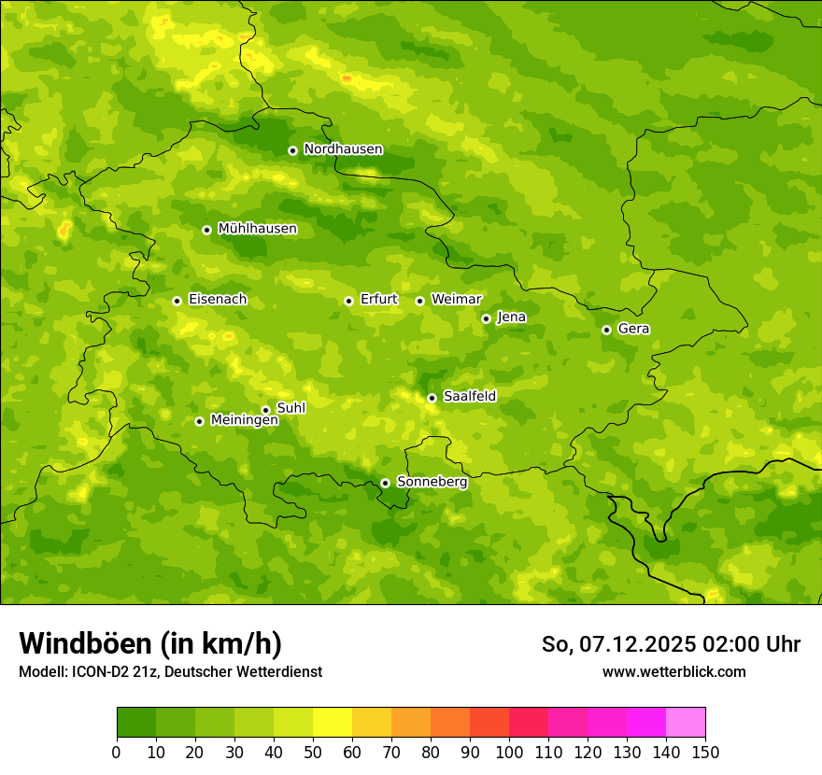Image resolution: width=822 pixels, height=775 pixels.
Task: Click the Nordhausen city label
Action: pos(343,149)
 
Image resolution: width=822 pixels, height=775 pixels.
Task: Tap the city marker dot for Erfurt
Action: pos(348,301)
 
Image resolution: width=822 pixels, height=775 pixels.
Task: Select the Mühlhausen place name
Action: pos(257,229)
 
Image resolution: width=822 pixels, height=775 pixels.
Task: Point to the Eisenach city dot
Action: pos(177,301)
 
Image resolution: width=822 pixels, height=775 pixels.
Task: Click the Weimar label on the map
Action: pos(456,300)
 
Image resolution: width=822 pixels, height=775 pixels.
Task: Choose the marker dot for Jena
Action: pos(486,318)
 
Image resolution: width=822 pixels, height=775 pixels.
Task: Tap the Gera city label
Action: pos(633,329)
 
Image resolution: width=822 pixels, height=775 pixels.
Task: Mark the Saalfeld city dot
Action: pos(432,398)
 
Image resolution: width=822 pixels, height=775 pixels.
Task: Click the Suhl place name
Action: pos(291,408)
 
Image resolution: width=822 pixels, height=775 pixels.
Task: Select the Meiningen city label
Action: pos(244,420)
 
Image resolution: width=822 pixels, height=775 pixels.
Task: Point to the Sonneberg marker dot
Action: pos(385,483)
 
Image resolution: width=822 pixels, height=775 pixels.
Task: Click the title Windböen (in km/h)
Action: pos(150,643)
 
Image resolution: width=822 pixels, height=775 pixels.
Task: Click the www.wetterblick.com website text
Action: pos(673,671)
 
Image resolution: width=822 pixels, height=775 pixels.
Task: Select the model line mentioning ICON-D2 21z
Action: pos(170,671)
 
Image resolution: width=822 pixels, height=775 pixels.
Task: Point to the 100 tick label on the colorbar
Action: pos(509,752)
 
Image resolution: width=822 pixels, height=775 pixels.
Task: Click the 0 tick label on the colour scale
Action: pos(117,752)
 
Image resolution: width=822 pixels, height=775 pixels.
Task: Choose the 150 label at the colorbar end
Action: pos(704,752)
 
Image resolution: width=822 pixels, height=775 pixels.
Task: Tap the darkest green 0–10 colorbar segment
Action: pos(136,722)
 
